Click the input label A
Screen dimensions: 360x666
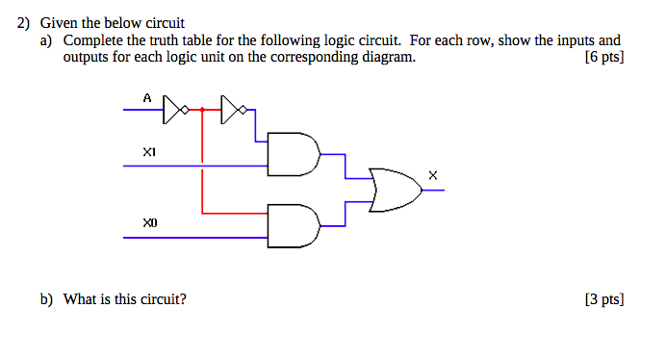[147, 98]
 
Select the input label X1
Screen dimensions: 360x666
[148, 152]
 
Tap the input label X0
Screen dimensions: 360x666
[148, 222]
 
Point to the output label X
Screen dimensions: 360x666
[432, 175]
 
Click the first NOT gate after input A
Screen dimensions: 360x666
[173, 111]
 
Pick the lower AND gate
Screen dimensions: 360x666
[293, 225]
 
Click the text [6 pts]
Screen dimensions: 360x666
[603, 58]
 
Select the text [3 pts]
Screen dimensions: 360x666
[603, 299]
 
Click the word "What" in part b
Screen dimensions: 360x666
[80, 299]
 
